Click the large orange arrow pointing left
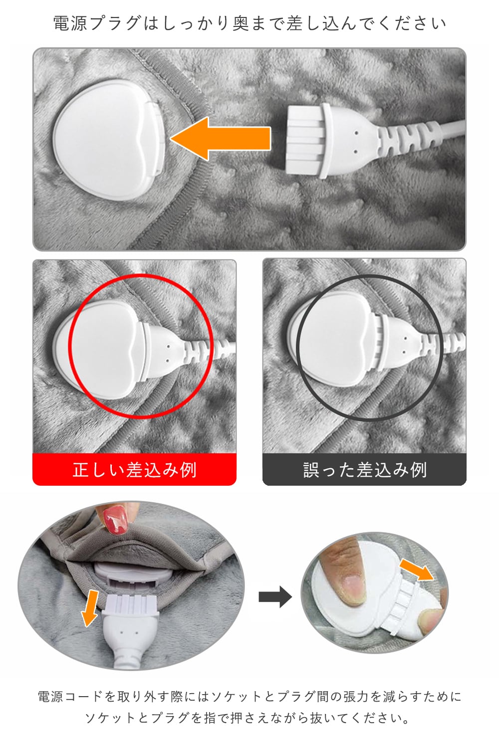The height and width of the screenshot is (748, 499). [x=221, y=138]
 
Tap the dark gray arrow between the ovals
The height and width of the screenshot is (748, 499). [x=275, y=597]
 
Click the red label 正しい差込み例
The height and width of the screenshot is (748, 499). [x=134, y=470]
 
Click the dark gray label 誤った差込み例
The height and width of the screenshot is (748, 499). [x=364, y=470]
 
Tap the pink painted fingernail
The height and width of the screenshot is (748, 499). [x=116, y=520]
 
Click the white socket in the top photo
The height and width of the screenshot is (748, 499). [x=109, y=139]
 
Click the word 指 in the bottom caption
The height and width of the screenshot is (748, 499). [x=210, y=718]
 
